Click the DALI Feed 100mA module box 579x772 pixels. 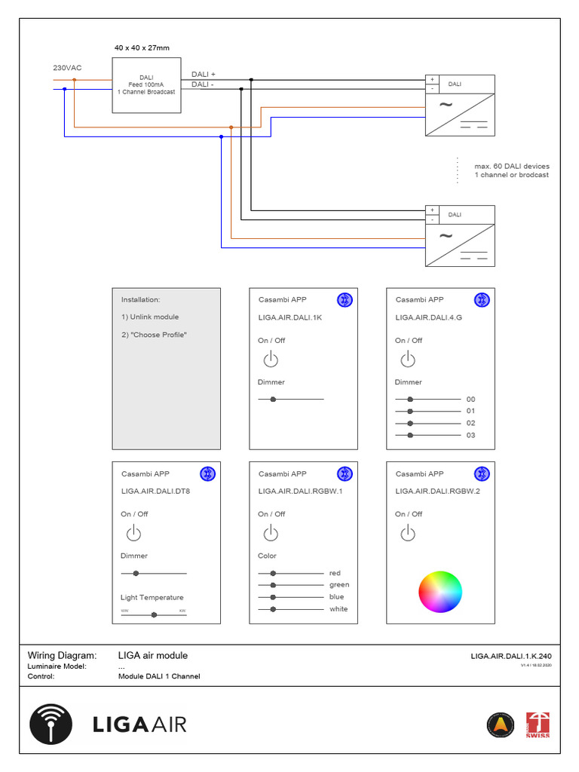click(146, 84)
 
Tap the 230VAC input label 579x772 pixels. click(67, 68)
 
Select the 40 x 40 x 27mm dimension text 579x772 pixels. click(142, 48)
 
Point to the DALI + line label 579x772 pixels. click(204, 75)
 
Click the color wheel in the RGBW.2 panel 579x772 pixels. click(440, 592)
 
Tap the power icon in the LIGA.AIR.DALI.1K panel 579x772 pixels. click(270, 360)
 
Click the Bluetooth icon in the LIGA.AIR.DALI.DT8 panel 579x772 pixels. click(207, 473)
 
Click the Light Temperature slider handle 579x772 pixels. click(154, 615)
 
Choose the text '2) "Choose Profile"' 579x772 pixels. click(154, 335)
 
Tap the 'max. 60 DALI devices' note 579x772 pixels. click(512, 166)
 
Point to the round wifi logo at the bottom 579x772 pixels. click(51, 725)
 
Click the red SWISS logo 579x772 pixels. click(538, 725)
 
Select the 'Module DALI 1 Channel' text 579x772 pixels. click(159, 676)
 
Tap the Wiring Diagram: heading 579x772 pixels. click(63, 656)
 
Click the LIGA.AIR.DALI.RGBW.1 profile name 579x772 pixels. click(300, 492)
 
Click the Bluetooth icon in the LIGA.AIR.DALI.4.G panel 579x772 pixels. click(482, 300)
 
